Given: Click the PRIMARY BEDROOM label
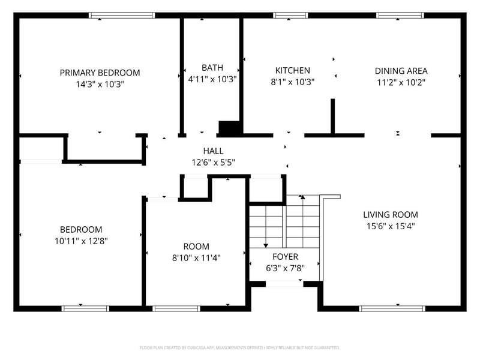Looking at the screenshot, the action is [100, 73].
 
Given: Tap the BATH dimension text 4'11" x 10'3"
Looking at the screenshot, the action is [212, 79].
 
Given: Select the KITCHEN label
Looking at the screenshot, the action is [293, 70].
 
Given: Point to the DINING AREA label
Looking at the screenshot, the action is [401, 71].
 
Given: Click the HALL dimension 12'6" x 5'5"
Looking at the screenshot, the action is [214, 162].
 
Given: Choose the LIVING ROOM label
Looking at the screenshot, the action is [391, 215].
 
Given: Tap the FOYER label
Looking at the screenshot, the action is [286, 257].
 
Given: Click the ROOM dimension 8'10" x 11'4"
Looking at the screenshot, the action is [196, 258].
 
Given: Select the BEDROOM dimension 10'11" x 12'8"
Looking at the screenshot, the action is [81, 241].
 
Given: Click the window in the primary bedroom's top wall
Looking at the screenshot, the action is [122, 16].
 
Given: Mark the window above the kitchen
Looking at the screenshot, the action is [290, 16].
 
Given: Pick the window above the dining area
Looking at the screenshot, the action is [400, 16].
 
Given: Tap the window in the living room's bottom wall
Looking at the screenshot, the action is [392, 308].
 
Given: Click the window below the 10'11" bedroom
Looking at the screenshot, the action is [85, 308].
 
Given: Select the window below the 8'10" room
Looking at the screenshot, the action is [176, 308].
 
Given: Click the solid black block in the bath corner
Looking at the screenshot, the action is [230, 128].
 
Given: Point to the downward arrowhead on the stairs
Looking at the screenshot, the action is [266, 245].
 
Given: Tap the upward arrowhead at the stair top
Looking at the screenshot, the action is [303, 197].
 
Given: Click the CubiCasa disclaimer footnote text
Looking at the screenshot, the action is [239, 348].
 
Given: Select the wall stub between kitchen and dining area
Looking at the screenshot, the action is [333, 116].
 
